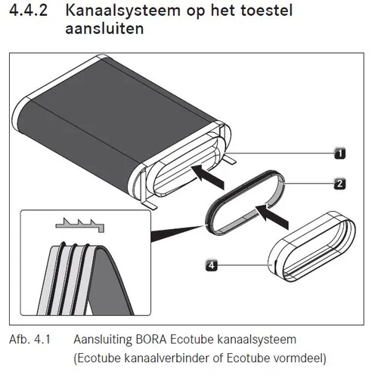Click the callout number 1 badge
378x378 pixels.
point(340,153)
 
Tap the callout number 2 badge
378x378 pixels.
point(339,184)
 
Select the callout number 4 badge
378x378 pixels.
point(212,265)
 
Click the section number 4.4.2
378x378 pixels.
point(28,11)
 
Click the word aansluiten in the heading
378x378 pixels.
point(104,29)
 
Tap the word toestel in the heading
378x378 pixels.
point(267,11)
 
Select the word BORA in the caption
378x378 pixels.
point(151,339)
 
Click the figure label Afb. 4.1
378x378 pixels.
point(29,339)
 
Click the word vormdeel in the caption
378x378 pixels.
point(299,358)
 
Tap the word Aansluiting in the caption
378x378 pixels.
point(103,339)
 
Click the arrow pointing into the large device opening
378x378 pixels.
point(208,176)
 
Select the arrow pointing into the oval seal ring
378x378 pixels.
point(272,217)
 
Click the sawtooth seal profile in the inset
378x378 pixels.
point(79,225)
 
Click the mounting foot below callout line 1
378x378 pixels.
point(229,160)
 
